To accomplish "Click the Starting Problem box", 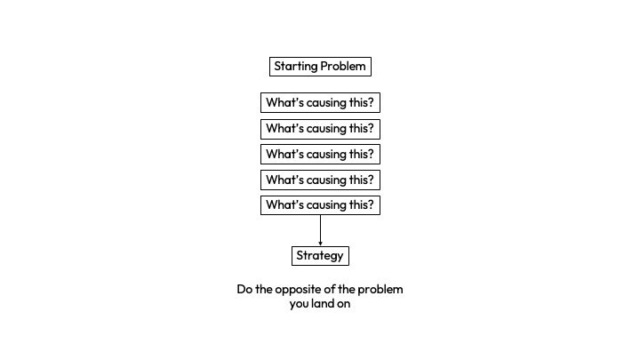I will (x=320, y=67).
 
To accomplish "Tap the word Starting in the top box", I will (x=295, y=67).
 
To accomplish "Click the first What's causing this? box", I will (x=320, y=102).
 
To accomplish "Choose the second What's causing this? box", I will (x=320, y=128).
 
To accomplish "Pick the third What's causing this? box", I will (x=320, y=154).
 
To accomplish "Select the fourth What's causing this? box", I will (x=320, y=180).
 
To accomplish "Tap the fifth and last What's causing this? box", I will (x=320, y=205).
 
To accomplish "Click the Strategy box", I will (x=320, y=256).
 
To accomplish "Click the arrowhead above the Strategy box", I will (x=320, y=243).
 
